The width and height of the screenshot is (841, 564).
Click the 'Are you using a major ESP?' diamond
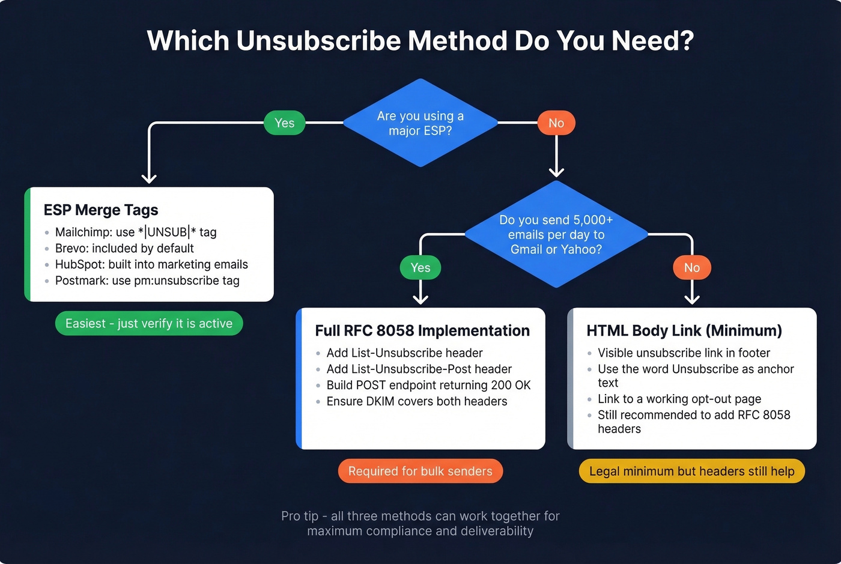pos(420,123)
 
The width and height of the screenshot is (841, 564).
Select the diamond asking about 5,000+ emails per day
pos(556,234)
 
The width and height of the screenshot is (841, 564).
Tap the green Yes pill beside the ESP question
pos(285,123)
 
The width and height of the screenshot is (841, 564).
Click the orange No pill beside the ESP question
pos(556,123)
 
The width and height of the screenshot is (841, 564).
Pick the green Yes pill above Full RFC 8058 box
pos(421,268)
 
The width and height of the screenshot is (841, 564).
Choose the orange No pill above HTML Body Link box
pos(692,268)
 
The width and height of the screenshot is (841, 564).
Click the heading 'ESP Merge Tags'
pos(101,210)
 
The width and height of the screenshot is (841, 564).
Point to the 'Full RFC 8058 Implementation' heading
pos(422,331)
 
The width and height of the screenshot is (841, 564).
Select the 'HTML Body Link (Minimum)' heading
pos(684,331)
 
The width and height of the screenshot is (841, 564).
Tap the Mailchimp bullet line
pos(136,232)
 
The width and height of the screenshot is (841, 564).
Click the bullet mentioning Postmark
pos(147,280)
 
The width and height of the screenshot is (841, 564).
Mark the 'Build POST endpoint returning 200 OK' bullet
pos(428,385)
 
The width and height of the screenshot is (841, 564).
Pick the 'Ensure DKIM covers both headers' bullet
pos(417,401)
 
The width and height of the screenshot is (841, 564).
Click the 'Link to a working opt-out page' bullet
pos(679,399)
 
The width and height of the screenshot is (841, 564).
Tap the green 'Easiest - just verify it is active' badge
pos(149,324)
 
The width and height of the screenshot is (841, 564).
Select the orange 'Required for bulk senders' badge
pos(421,472)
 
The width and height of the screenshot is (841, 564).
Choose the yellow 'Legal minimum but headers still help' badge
pos(691,472)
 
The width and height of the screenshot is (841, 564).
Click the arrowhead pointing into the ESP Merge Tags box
pos(149,178)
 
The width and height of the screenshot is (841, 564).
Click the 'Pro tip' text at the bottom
pos(420,523)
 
